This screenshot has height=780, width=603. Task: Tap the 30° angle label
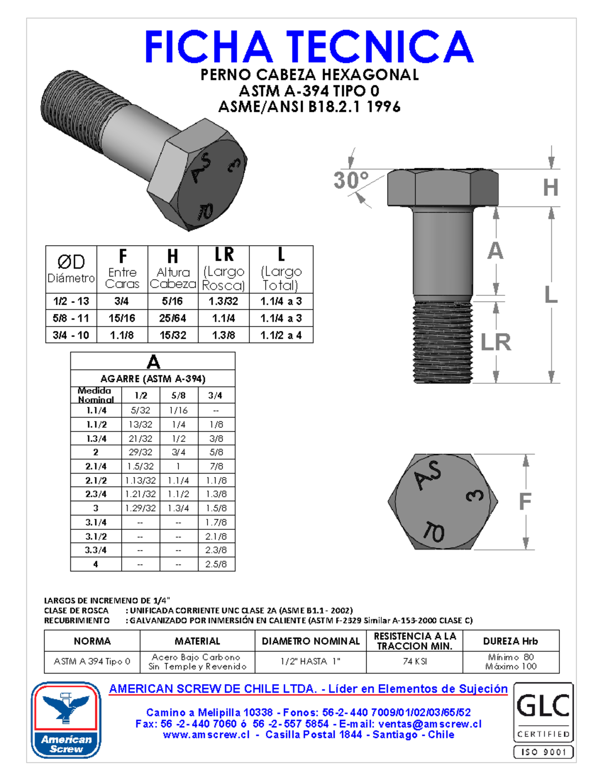point(351,180)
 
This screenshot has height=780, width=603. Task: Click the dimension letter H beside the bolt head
point(551,188)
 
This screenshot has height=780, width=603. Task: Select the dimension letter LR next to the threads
point(495,342)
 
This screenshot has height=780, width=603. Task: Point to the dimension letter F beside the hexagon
point(525,501)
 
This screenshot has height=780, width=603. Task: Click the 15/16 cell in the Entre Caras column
point(122,318)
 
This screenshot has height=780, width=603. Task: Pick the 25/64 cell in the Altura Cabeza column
point(173,318)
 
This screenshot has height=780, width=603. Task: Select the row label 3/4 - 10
point(71,335)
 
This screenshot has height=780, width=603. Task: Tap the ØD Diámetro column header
point(71,269)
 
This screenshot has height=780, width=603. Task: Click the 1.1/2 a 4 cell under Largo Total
point(281,335)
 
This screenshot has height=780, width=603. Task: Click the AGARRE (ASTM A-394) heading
point(153,379)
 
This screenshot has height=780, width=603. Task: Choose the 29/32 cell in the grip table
point(140,452)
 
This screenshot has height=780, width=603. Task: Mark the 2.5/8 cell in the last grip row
point(216,564)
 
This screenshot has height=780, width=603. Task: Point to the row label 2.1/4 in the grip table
point(95,466)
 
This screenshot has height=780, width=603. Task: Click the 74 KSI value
point(415,661)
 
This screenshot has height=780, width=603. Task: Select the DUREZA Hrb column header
point(511,641)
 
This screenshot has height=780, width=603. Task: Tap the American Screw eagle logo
point(66,719)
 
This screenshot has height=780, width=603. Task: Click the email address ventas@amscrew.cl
point(430,724)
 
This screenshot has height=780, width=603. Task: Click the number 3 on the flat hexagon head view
point(475,495)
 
